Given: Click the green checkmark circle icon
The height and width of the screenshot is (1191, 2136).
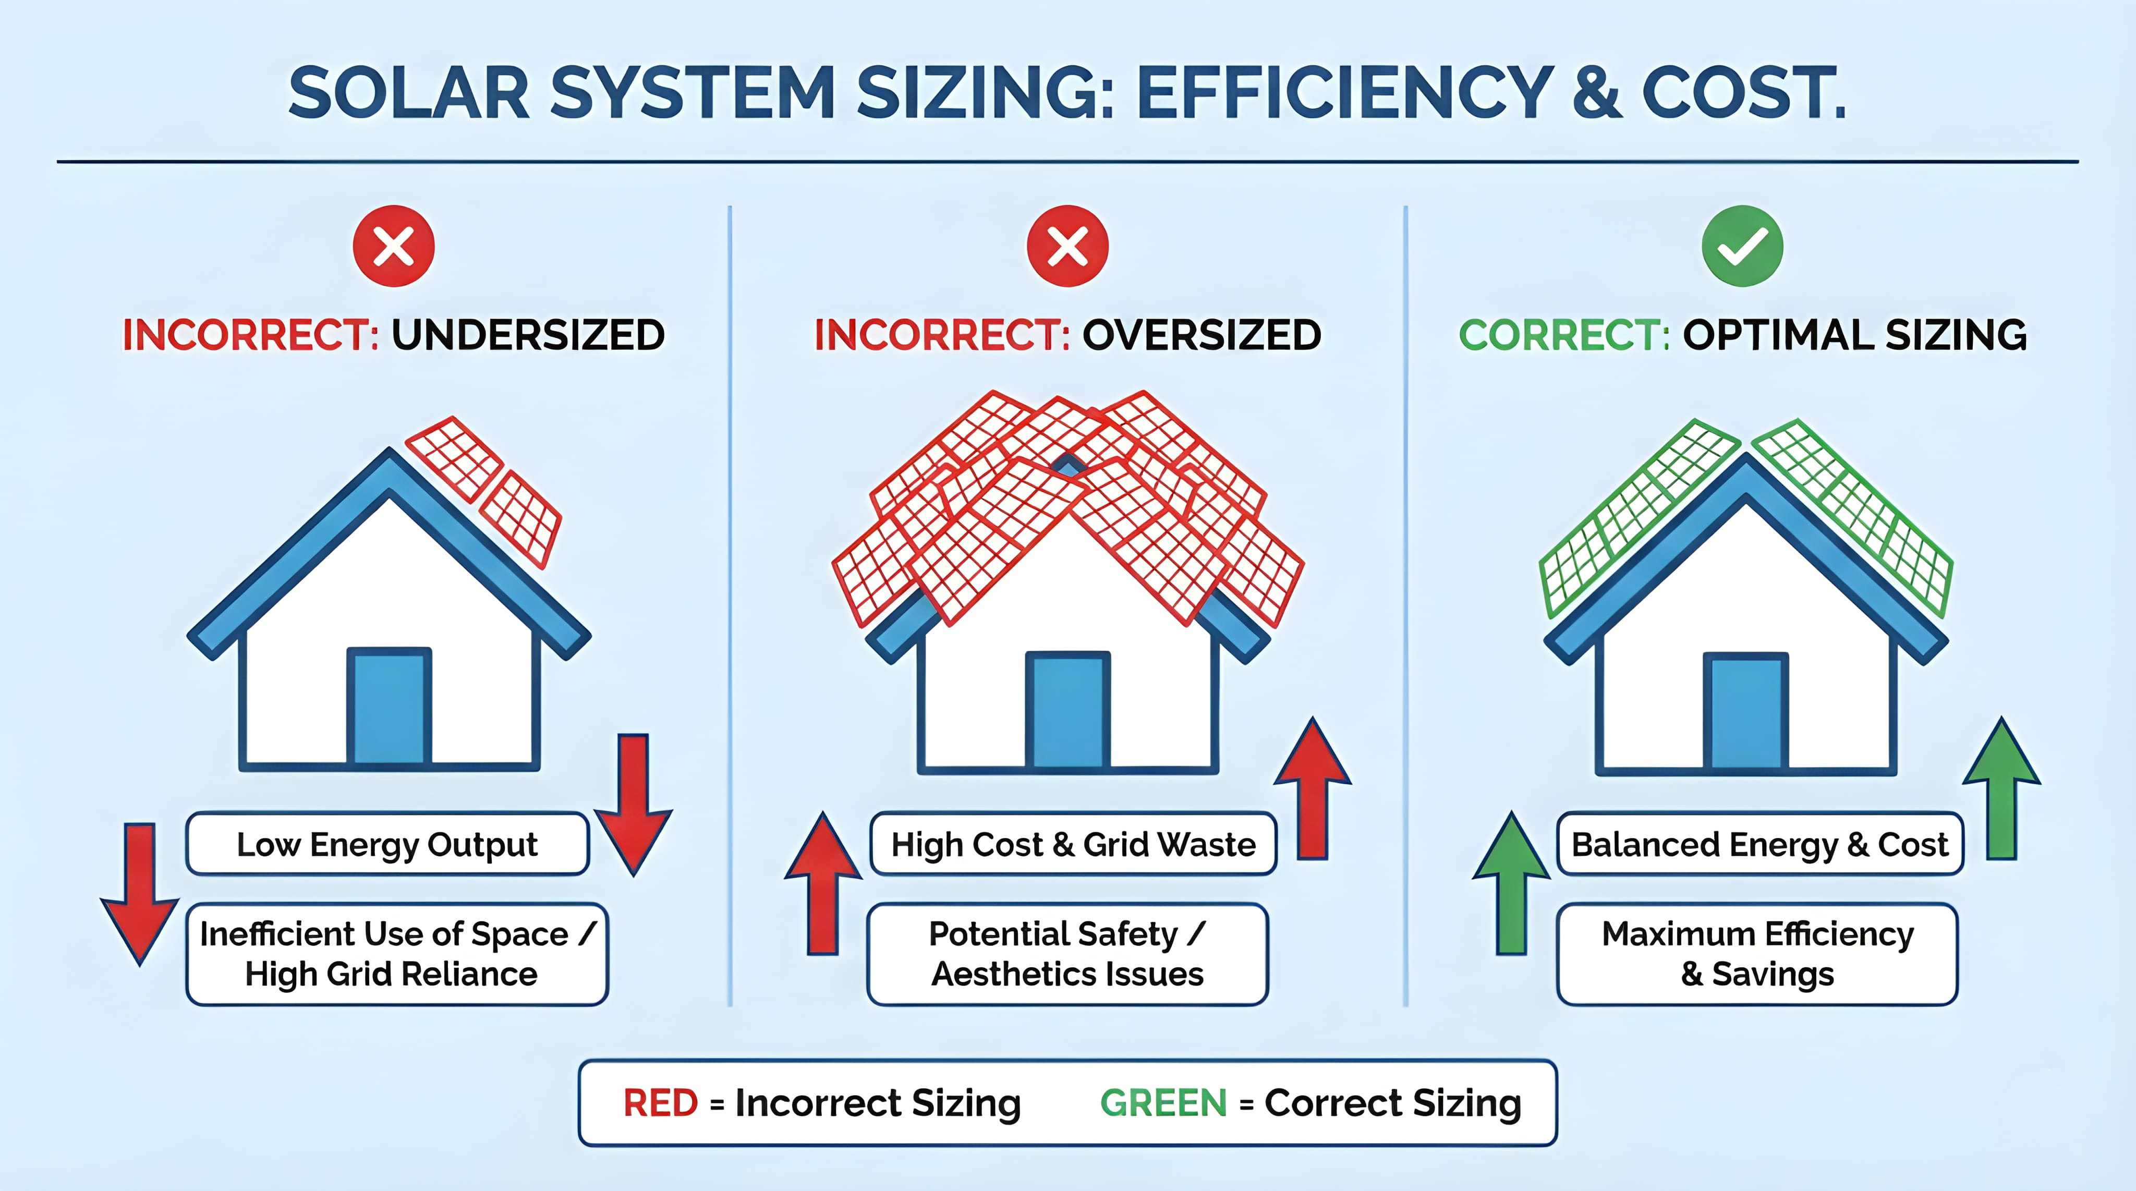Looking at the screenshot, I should [x=1742, y=246].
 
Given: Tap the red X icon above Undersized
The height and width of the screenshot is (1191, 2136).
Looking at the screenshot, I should [x=394, y=246].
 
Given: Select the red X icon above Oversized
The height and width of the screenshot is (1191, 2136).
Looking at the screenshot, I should [x=1067, y=246].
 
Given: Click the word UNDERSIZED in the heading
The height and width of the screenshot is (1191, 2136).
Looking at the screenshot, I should [x=528, y=335].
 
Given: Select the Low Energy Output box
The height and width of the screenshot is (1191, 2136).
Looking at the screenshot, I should [x=387, y=844].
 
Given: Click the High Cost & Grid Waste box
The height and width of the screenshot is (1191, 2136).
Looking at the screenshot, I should [x=1073, y=844].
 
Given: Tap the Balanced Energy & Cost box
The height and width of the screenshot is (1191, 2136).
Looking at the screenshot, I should [x=1759, y=844].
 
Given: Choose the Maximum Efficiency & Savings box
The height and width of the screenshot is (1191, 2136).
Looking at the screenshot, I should [x=1758, y=954].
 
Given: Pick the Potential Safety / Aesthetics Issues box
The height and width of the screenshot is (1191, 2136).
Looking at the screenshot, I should [x=1067, y=954].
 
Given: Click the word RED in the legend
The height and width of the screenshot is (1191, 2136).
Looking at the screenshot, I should [x=660, y=1103].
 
